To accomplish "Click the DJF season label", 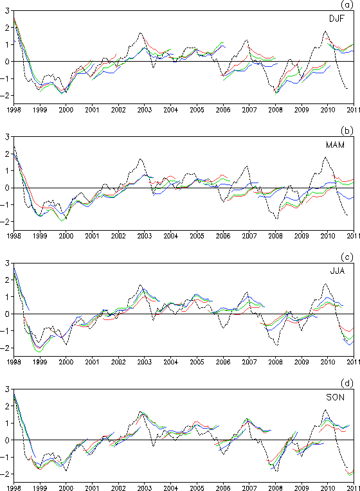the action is pos(336,19).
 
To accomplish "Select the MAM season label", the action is pos(335,145).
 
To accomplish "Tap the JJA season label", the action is pos(337,271).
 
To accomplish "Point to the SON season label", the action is pos(335,397).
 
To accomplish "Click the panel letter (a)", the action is pos(347,4).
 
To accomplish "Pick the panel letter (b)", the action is pos(347,130).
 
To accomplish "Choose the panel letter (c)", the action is pos(347,257).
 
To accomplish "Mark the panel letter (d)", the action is pos(347,383).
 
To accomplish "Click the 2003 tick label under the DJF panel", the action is pos(145,110).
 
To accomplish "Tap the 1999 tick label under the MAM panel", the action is pos(40,236).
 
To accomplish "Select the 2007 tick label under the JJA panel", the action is pos(249,362).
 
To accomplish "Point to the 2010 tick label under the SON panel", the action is pos(327,488).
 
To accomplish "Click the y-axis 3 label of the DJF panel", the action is pos(7,11).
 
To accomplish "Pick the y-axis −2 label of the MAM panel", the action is pos(5,222).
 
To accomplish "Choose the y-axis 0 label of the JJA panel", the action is pos(7,314).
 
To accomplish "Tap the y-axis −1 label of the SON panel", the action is pos(5,457).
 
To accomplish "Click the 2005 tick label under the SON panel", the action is pos(197,488).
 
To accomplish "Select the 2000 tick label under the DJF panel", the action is pos(66,110).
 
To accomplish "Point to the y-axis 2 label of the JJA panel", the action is pos(7,280).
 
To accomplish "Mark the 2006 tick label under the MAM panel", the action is pos(223,236).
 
